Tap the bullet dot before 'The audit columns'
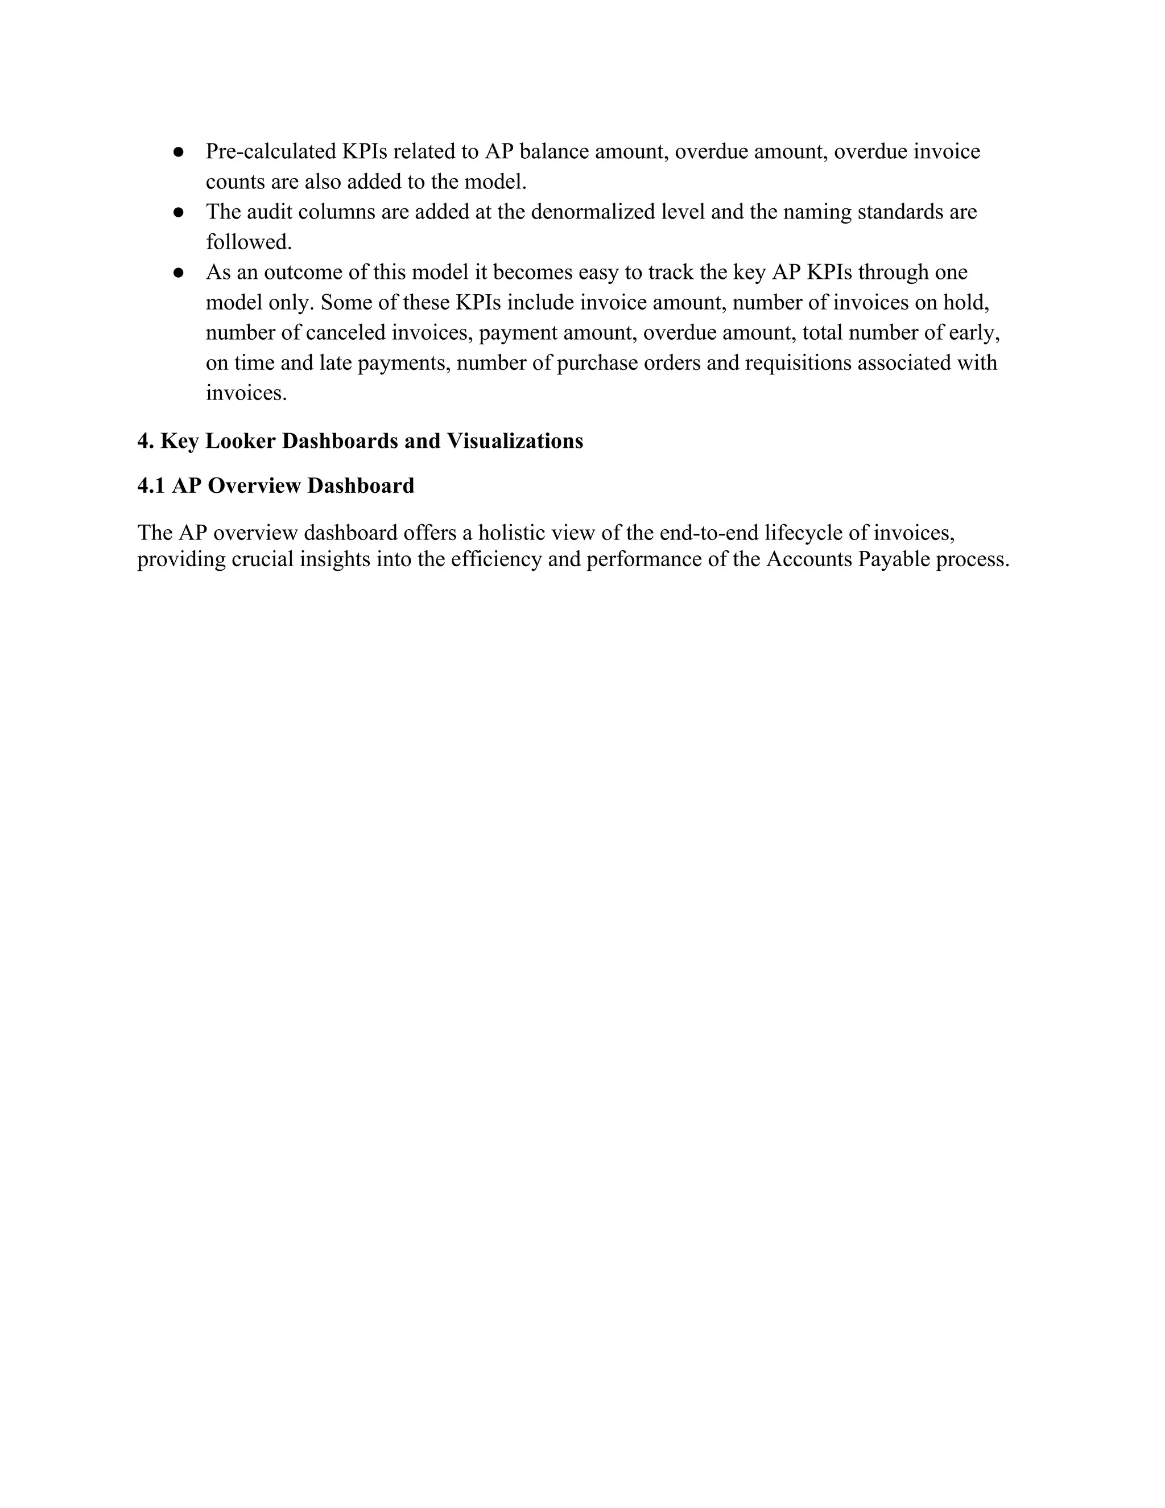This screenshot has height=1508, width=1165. pos(178,212)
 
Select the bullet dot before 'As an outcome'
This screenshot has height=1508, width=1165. pos(178,273)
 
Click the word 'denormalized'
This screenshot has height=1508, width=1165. pos(593,212)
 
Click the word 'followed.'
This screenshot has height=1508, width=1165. pos(249,242)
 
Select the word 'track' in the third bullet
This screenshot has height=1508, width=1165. pos(670,273)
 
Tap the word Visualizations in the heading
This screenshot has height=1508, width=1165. pos(515,440)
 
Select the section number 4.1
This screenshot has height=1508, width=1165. pos(151,486)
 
